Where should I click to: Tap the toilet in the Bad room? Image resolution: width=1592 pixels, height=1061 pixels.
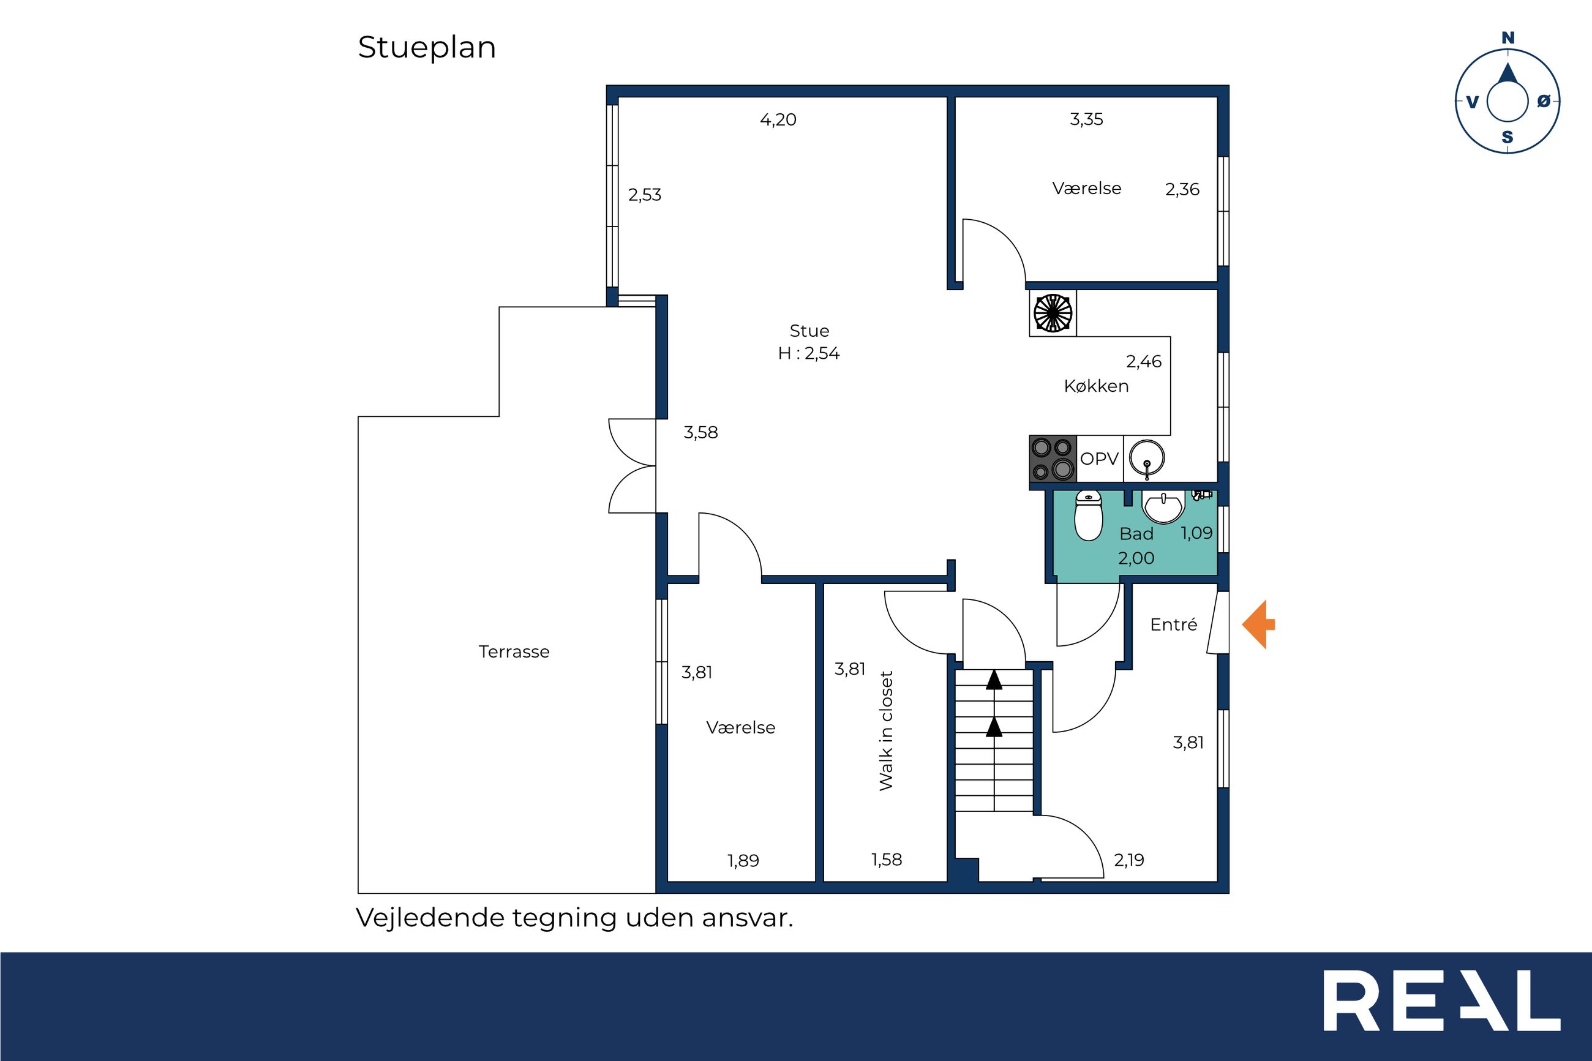click(1089, 516)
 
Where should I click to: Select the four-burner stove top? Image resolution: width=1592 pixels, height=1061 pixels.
click(1053, 459)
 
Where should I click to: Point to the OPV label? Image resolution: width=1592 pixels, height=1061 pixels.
click(1098, 459)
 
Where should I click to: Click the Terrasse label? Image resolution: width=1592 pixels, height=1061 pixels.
click(514, 651)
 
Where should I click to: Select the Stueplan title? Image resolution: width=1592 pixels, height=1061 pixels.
click(427, 48)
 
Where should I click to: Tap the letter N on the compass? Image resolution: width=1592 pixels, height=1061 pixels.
click(1508, 38)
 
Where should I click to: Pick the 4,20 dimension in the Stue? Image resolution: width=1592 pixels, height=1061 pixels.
click(778, 120)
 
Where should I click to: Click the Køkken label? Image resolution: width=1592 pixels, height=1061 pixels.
click(1096, 386)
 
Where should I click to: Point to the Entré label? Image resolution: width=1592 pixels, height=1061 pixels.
click(1174, 624)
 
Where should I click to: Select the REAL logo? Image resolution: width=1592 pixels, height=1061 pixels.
click(1442, 1001)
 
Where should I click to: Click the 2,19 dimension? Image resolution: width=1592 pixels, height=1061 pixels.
click(1129, 860)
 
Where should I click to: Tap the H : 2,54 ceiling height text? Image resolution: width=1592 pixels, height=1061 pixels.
click(808, 353)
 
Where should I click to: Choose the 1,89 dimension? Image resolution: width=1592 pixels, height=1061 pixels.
click(743, 861)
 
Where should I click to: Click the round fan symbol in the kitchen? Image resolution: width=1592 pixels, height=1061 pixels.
click(1053, 313)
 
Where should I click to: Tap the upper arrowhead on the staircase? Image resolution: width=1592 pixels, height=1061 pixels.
click(994, 680)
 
